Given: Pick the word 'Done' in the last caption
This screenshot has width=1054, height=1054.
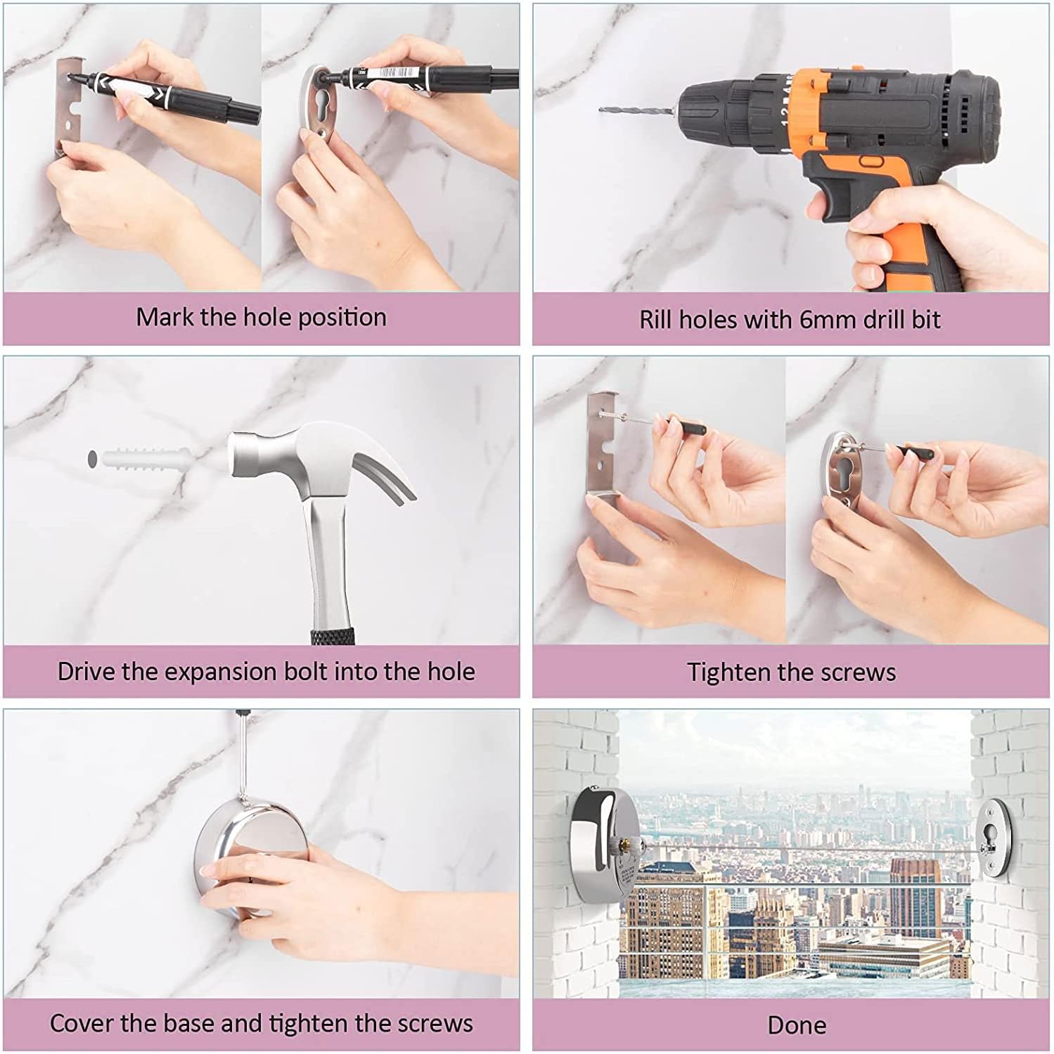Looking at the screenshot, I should tap(797, 1025).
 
